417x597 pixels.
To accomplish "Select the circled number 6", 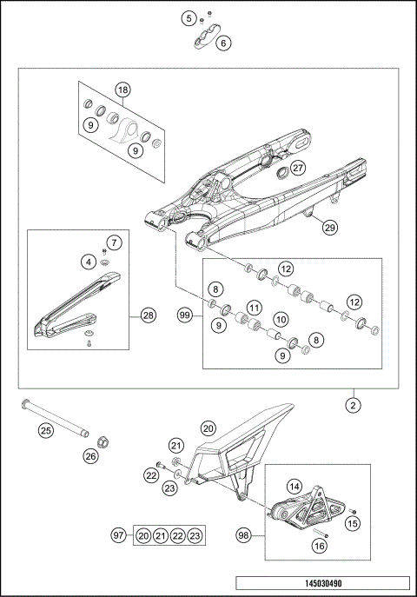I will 224,42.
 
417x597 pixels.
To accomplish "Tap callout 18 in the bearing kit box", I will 122,90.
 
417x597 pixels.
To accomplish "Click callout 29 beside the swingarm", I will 329,228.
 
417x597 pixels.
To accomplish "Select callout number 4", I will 89,260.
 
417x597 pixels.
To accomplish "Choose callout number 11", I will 253,307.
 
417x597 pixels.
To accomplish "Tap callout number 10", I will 281,321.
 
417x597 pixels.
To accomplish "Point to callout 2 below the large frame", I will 354,404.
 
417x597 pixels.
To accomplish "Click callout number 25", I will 45,428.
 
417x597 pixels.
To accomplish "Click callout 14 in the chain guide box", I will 295,488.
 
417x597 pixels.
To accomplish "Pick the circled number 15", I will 352,523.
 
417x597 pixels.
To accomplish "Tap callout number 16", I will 319,545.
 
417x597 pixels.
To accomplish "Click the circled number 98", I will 244,535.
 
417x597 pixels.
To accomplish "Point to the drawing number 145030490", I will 322,585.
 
